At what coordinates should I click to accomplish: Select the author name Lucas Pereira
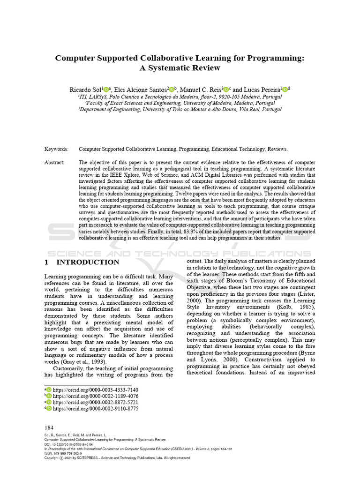tap(262, 90)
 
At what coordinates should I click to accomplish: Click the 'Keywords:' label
tap(56, 149)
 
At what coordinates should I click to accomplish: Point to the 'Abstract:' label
tap(55, 163)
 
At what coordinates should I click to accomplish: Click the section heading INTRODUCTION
tap(88, 262)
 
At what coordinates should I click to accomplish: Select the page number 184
tap(49, 427)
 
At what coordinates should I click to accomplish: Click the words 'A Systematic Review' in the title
tap(180, 68)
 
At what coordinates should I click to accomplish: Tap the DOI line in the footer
tap(68, 444)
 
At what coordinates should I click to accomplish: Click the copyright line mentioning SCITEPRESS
tap(117, 458)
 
